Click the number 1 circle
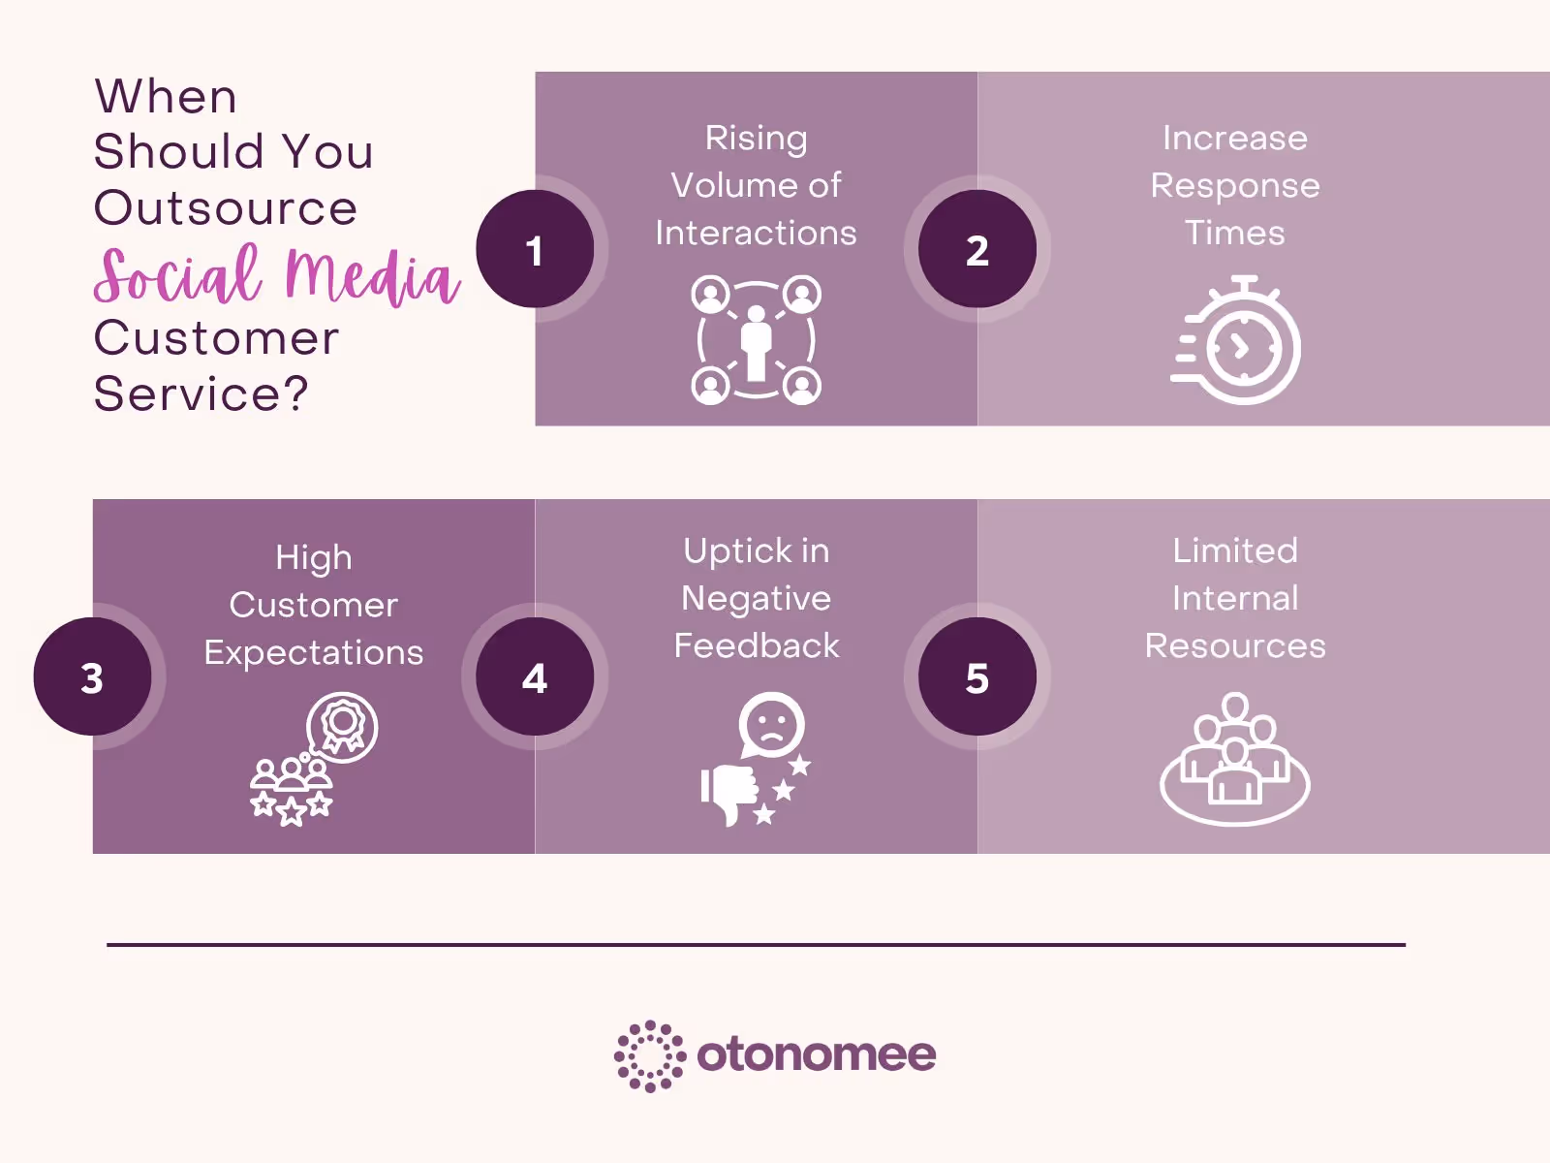535,249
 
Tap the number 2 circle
976,249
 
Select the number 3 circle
92,676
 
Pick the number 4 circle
535,676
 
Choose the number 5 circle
976,676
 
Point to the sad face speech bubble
771,724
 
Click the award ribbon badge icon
342,726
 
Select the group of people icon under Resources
1235,761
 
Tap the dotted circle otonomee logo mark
650,1055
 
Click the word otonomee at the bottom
817,1054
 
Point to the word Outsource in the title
226,207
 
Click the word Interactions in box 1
756,233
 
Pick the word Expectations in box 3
314,652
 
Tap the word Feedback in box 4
757,645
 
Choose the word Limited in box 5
1235,550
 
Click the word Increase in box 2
1235,138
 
